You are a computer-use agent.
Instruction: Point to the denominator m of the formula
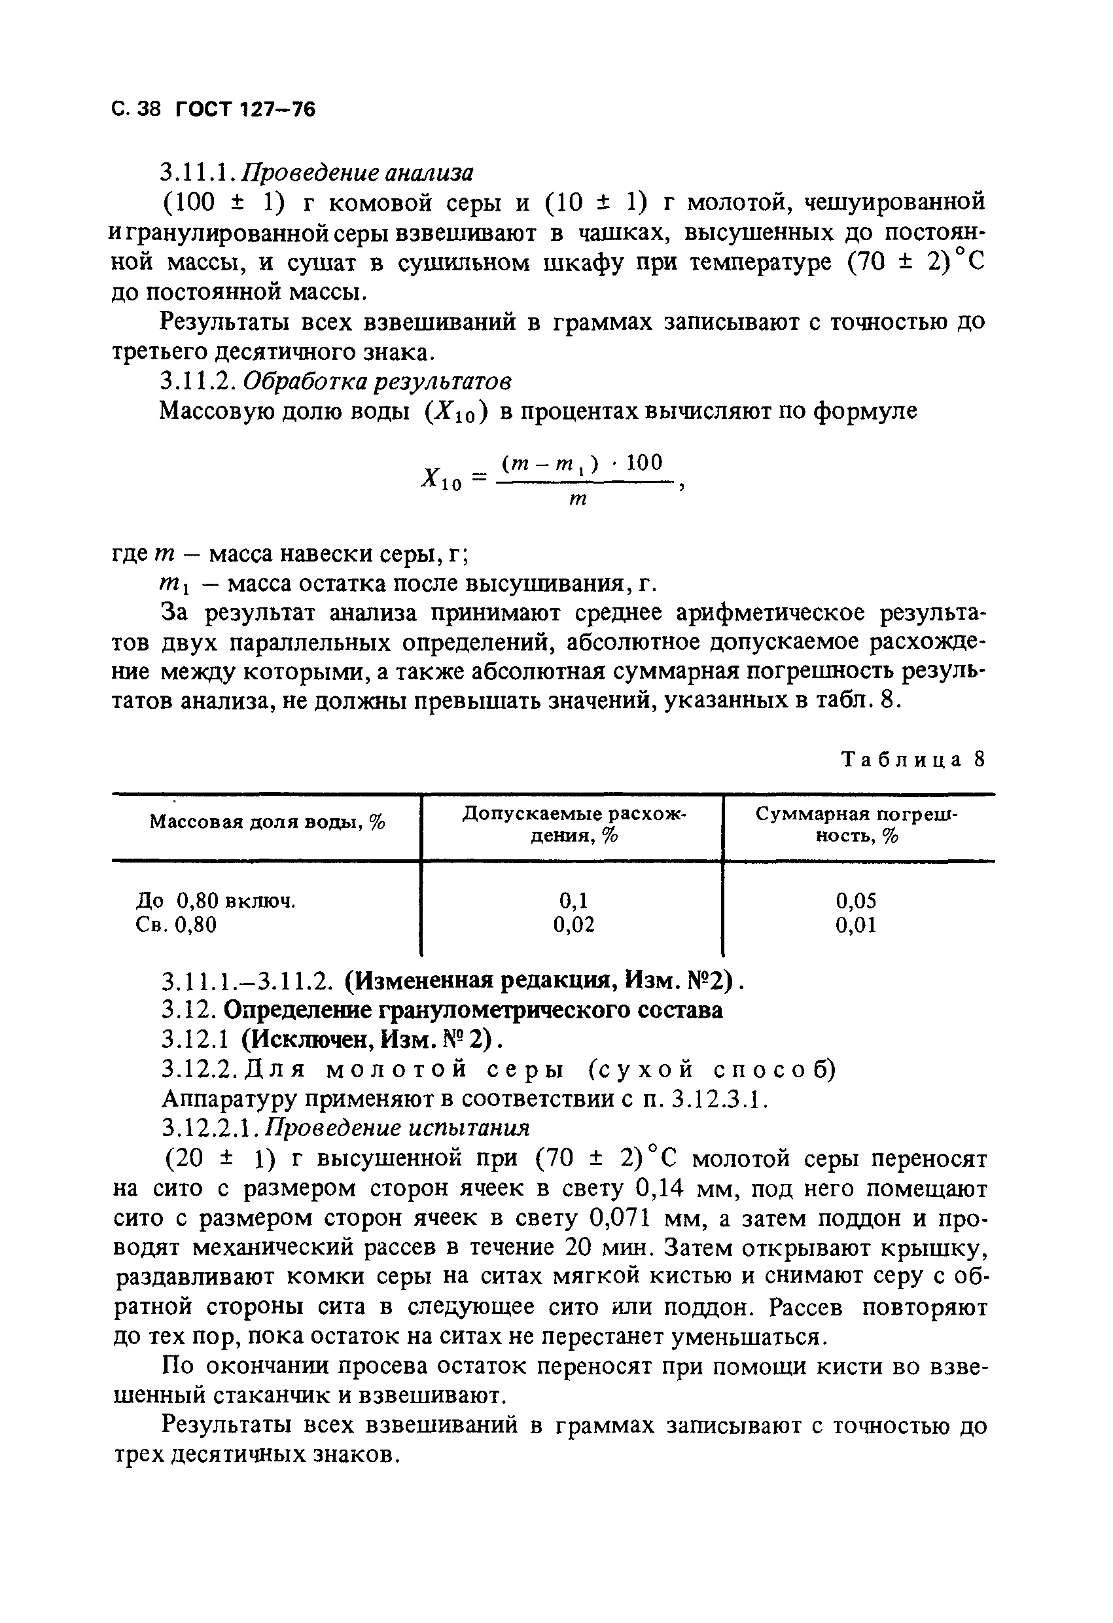[x=578, y=500]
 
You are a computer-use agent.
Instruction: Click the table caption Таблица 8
[x=913, y=760]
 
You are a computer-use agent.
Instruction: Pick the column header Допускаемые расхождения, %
[x=574, y=824]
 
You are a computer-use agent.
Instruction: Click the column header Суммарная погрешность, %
[x=857, y=824]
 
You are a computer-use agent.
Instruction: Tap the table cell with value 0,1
[x=573, y=901]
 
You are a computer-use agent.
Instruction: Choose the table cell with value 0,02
[x=574, y=925]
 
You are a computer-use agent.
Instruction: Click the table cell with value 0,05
[x=856, y=901]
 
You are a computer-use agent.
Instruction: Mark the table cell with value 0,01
[x=856, y=926]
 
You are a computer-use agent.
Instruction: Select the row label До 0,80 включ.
[x=216, y=901]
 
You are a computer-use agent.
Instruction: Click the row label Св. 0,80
[x=176, y=925]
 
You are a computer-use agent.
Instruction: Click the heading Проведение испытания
[x=398, y=1128]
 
